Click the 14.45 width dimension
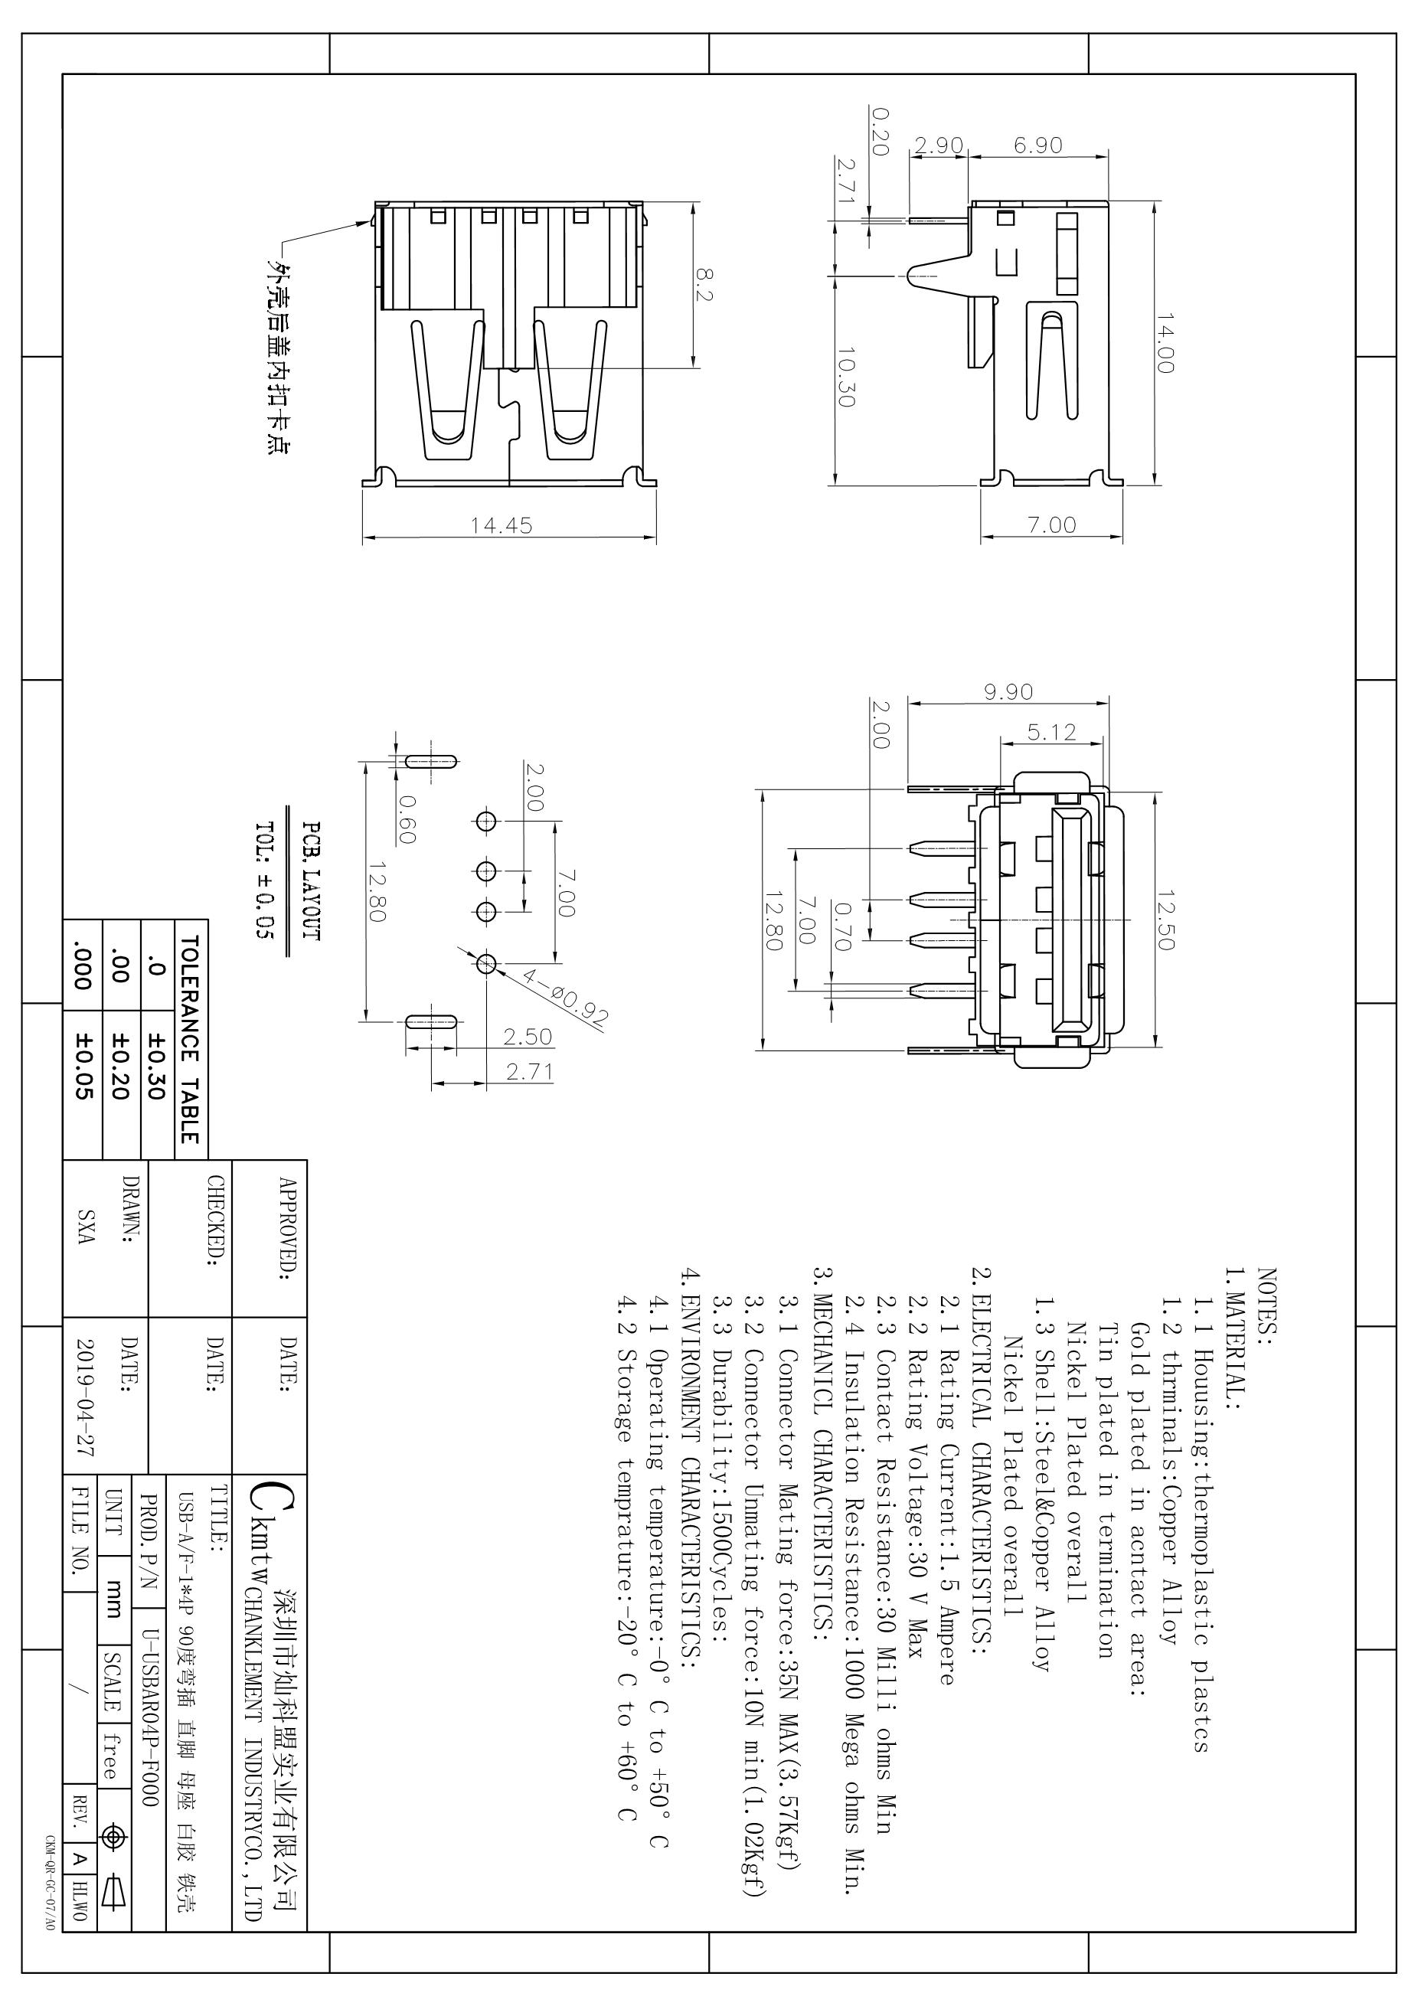tap(501, 525)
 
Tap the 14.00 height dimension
tap(1165, 343)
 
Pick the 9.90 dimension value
tap(1008, 692)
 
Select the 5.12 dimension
tap(1052, 732)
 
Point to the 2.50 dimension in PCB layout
tap(528, 1037)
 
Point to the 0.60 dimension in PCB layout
tap(407, 818)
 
